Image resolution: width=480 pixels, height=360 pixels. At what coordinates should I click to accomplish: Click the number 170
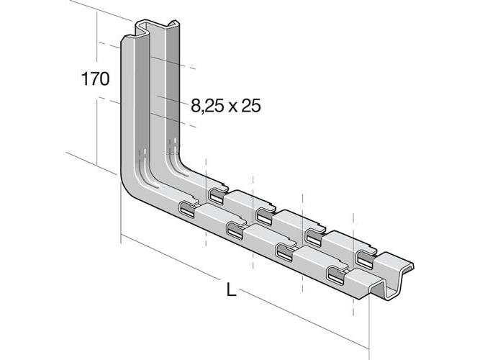95,78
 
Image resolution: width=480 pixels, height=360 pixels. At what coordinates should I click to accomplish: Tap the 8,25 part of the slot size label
207,106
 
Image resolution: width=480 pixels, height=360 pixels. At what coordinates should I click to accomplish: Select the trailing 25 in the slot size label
251,105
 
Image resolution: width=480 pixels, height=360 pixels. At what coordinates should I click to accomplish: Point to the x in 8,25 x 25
232,107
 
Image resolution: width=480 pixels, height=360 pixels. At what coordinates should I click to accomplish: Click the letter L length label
231,289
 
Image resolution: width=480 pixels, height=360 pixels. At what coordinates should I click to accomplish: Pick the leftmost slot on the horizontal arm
187,210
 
